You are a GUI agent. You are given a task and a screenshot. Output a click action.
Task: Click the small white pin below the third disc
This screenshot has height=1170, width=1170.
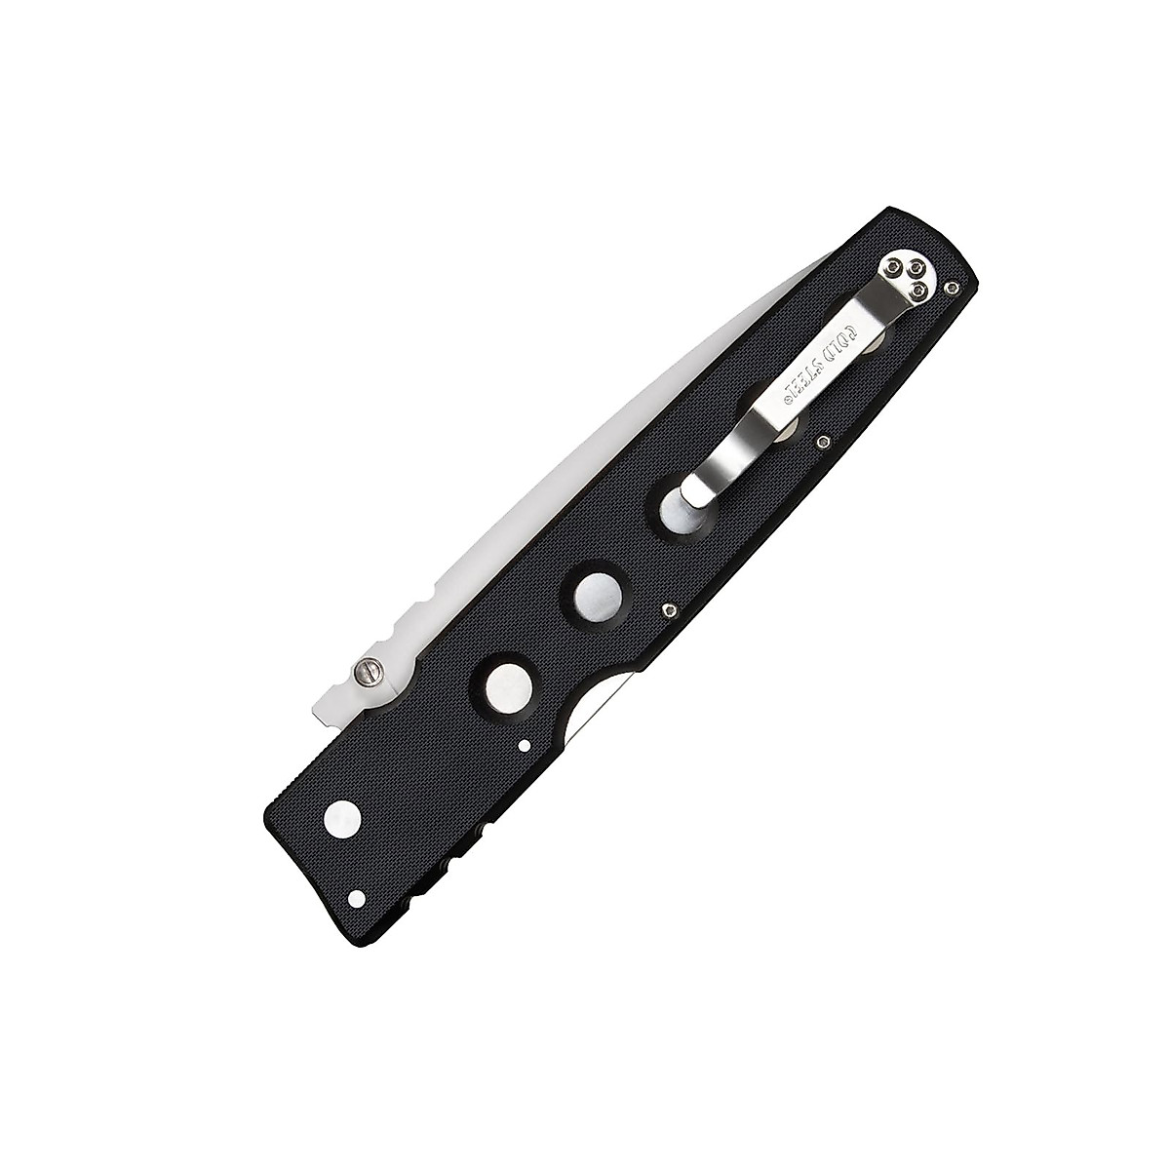pyautogui.click(x=525, y=745)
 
